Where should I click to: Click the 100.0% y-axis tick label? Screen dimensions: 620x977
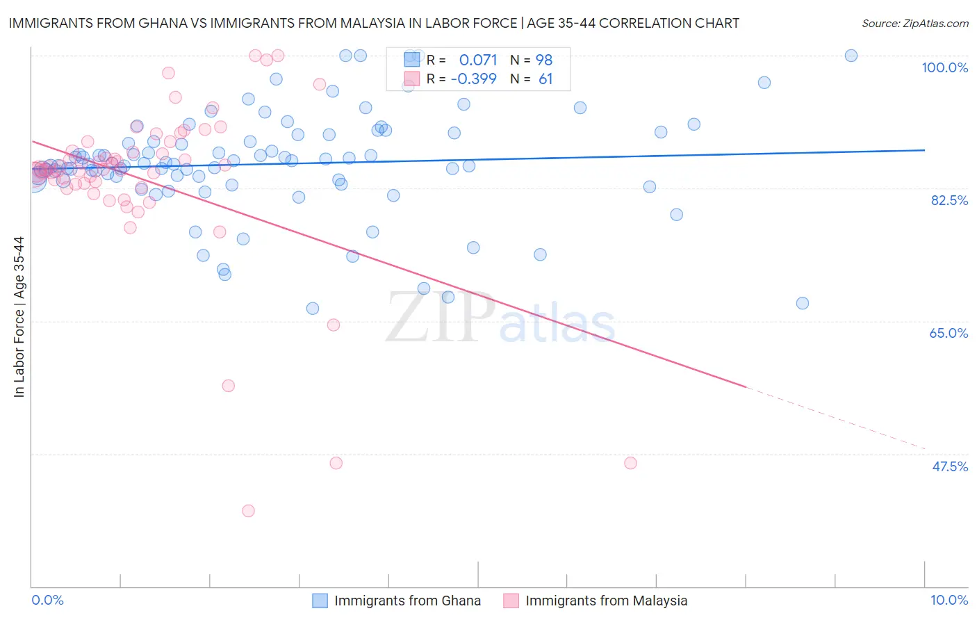[944, 67]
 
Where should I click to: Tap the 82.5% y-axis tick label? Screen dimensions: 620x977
[949, 200]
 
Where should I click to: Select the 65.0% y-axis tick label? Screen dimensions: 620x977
[949, 333]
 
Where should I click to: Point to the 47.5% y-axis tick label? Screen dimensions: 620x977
[950, 466]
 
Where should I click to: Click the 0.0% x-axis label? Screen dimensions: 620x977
[47, 600]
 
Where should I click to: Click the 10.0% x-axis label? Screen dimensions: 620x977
[949, 600]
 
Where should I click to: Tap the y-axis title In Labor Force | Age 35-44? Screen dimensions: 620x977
[19, 317]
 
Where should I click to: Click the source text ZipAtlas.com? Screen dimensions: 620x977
[914, 23]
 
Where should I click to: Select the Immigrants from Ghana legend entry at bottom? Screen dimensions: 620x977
[397, 601]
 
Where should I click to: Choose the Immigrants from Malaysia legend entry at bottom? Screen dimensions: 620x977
[596, 601]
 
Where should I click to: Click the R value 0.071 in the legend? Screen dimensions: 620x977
[478, 60]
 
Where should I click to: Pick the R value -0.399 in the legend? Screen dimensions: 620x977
[473, 79]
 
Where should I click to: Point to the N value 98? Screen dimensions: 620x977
[543, 60]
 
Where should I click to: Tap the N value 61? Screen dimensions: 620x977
[545, 79]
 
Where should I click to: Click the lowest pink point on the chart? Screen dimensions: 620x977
[248, 511]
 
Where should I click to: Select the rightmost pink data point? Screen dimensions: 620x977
[630, 463]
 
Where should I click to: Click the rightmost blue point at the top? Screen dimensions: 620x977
[851, 56]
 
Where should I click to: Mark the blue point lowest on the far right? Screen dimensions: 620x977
[803, 303]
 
